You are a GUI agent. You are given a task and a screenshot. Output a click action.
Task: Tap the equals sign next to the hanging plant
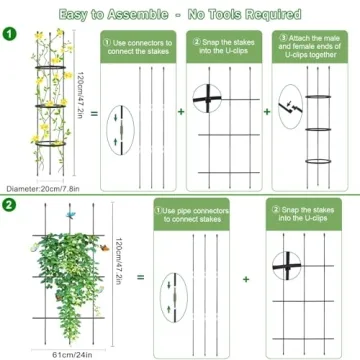(140, 277)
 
